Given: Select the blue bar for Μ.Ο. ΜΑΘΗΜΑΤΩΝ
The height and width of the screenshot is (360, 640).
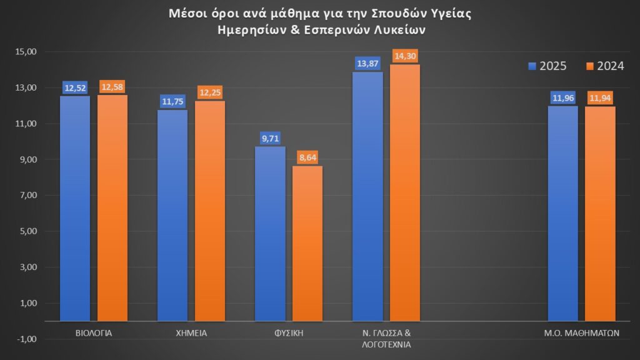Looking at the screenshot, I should [562, 213].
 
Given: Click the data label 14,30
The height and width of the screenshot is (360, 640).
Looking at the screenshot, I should [405, 56].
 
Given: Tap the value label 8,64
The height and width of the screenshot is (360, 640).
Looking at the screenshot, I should [307, 157].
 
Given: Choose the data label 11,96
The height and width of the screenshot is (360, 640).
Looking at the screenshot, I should [562, 97].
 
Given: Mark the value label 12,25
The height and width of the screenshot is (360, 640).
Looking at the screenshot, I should [210, 92].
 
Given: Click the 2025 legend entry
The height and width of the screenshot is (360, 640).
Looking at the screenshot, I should [547, 66].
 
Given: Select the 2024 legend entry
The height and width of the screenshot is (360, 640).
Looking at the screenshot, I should [605, 66].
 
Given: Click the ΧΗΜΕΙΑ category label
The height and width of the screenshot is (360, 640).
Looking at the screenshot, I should [191, 333].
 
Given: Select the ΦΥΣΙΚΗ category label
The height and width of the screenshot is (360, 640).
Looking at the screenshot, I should [289, 333].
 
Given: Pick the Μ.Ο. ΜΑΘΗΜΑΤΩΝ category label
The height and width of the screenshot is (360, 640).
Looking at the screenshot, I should [581, 333].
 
